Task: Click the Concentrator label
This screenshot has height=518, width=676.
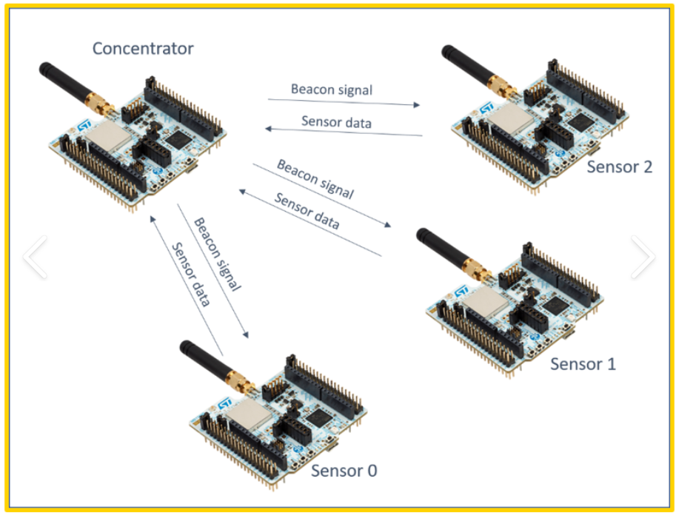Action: [143, 48]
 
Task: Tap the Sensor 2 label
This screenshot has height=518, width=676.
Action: [620, 166]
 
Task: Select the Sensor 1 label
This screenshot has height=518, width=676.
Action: [583, 364]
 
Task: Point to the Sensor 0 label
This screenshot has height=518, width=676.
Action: [344, 471]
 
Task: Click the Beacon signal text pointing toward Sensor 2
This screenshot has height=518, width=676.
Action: [332, 90]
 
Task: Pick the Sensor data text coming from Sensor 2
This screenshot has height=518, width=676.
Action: [336, 122]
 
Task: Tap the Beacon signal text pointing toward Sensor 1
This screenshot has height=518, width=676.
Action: [315, 179]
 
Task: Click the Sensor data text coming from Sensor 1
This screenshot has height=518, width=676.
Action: [307, 211]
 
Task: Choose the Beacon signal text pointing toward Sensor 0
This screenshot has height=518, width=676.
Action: [217, 254]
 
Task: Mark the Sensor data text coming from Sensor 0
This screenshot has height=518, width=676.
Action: [191, 275]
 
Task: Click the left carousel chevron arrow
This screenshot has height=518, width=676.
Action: [36, 257]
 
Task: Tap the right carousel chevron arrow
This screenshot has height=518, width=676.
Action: [643, 257]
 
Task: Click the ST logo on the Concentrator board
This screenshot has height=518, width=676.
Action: [84, 125]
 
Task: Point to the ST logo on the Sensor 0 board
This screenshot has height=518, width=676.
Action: [225, 404]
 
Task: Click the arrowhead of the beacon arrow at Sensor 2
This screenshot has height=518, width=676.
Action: [416, 105]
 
